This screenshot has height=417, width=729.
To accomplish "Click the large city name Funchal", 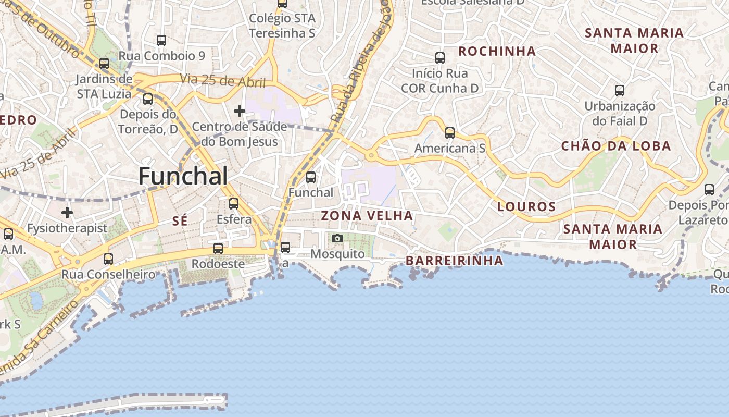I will (183, 176).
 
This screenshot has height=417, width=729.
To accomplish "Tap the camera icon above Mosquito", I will (337, 239).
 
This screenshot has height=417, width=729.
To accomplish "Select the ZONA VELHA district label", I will (367, 216).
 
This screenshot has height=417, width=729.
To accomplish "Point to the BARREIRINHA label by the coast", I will (454, 261).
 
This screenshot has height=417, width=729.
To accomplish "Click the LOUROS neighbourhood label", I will (526, 206).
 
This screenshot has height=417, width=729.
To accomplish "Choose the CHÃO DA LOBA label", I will (615, 146).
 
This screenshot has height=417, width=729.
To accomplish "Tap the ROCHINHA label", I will (497, 51).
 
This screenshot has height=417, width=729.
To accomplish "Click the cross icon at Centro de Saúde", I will (240, 111).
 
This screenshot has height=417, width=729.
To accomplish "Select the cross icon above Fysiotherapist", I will (67, 213).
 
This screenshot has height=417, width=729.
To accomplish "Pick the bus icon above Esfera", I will (234, 204).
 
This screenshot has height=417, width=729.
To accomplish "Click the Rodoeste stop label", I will (218, 264).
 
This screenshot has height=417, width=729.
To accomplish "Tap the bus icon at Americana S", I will (450, 133).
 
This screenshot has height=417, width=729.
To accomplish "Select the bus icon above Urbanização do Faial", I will (620, 91).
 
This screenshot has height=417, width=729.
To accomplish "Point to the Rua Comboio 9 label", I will (161, 56).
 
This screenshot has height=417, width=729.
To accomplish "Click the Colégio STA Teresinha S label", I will (282, 26).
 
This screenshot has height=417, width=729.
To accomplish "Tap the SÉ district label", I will (180, 222).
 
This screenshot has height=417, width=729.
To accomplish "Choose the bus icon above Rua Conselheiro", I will (108, 259).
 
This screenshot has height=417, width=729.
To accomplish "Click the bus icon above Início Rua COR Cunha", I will (440, 58).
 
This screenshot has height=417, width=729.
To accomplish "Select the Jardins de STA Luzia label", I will (104, 87).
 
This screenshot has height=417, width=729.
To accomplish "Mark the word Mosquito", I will (337, 254).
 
